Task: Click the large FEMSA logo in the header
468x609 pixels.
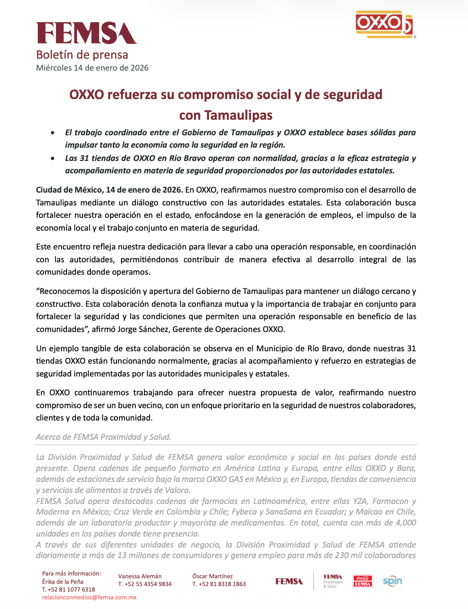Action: pos(86,33)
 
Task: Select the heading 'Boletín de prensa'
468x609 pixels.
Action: pos(82,55)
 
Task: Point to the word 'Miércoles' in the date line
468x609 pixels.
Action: pos(54,68)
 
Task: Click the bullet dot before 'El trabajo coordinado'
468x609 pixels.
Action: pos(54,133)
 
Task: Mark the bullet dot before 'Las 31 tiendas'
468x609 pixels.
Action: pos(54,159)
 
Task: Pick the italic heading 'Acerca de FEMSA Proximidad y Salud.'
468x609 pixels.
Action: pos(104,437)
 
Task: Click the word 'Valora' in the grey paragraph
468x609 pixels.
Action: pos(178,490)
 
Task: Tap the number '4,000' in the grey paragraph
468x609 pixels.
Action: pos(406,523)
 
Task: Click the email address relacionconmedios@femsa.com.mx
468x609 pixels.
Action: pos(89,598)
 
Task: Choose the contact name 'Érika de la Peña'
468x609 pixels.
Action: pos(62,581)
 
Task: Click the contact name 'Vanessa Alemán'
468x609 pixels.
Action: pos(140,576)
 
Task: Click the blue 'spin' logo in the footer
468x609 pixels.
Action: pos(392,581)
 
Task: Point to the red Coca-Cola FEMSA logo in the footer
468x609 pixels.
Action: pos(362,581)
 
